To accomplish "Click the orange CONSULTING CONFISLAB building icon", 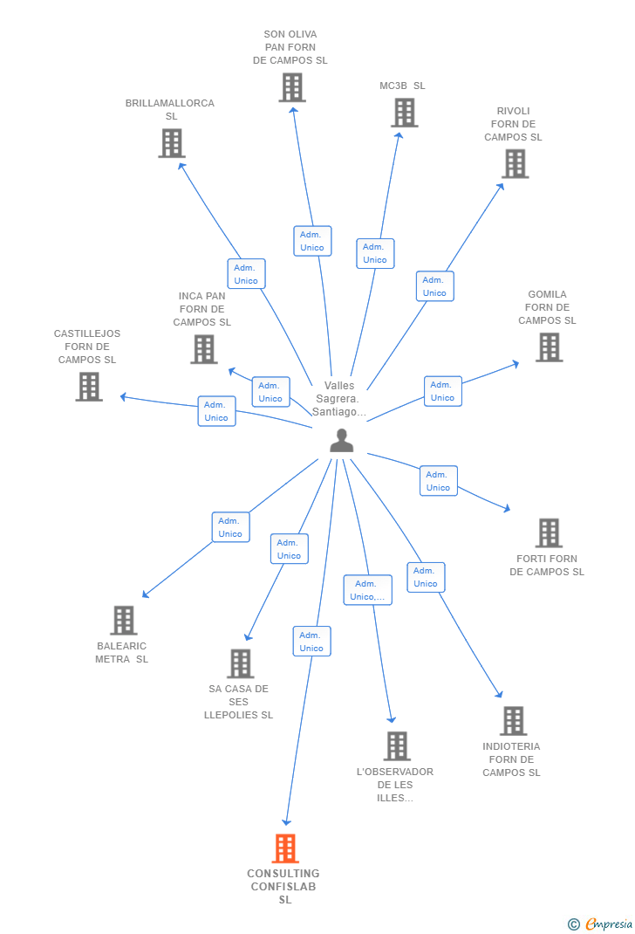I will pos(285,848).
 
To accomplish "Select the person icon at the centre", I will pos(342,441).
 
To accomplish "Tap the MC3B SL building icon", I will pos(404,113).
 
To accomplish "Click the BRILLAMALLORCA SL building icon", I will pos(172,143).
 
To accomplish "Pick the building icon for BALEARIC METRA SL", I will pos(124,621).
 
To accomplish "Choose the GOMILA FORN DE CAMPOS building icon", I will pos(549,347).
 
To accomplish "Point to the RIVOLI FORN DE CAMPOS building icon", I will pos(515,163).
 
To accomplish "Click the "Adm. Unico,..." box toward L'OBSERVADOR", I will pos(367,590).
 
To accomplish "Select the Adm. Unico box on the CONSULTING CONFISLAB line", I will pos(311,642).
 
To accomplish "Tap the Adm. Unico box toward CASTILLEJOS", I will pos(216,411).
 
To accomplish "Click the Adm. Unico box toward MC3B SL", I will pos(375,253).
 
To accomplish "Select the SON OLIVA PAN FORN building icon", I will pos(292,87).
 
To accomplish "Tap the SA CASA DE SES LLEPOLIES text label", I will pos(238,702).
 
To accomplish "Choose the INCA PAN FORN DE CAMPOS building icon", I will pos(204,349).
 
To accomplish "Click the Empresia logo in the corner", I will pos(601,924).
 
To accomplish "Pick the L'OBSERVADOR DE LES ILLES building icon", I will pos(397,746).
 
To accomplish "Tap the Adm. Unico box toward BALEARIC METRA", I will pos(230,527).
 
